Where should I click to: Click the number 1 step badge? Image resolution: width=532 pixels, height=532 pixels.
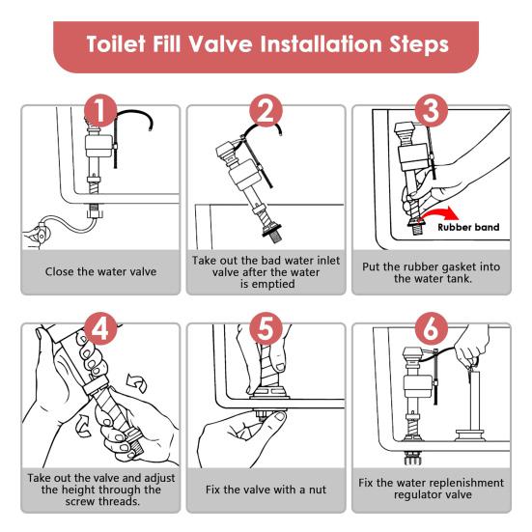(100, 110)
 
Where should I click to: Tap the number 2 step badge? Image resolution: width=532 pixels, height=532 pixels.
(266, 110)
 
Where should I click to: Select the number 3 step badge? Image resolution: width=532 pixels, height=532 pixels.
(432, 110)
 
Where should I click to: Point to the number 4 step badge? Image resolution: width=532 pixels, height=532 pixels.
(100, 328)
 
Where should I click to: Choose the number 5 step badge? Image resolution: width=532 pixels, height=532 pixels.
(266, 328)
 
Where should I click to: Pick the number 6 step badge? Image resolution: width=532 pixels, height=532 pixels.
(432, 328)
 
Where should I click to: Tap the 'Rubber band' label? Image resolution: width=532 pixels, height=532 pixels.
(468, 227)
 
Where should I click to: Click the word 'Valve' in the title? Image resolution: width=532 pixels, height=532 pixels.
(220, 44)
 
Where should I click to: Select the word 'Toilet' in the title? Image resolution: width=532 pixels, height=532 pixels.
(116, 44)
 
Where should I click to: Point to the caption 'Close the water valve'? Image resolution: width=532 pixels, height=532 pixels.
(100, 271)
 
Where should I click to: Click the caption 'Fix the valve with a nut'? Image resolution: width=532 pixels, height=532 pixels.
(266, 490)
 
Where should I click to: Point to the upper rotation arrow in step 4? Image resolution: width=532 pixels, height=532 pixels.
(137, 383)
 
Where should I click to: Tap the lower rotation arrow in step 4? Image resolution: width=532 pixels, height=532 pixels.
(83, 425)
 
